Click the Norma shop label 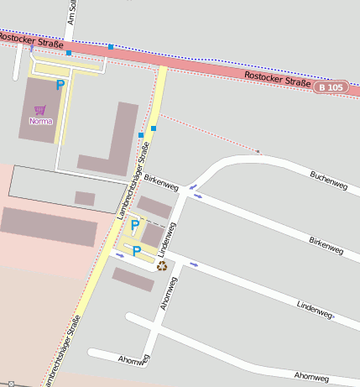coord(40,121)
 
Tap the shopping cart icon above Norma coord(39,110)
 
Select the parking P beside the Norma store coord(60,85)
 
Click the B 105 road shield coord(331,87)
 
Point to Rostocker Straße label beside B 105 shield coord(278,80)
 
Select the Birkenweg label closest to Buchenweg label coord(326,245)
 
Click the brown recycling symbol coord(161,266)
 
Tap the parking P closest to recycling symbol coord(136,251)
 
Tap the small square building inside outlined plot coord(85,198)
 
